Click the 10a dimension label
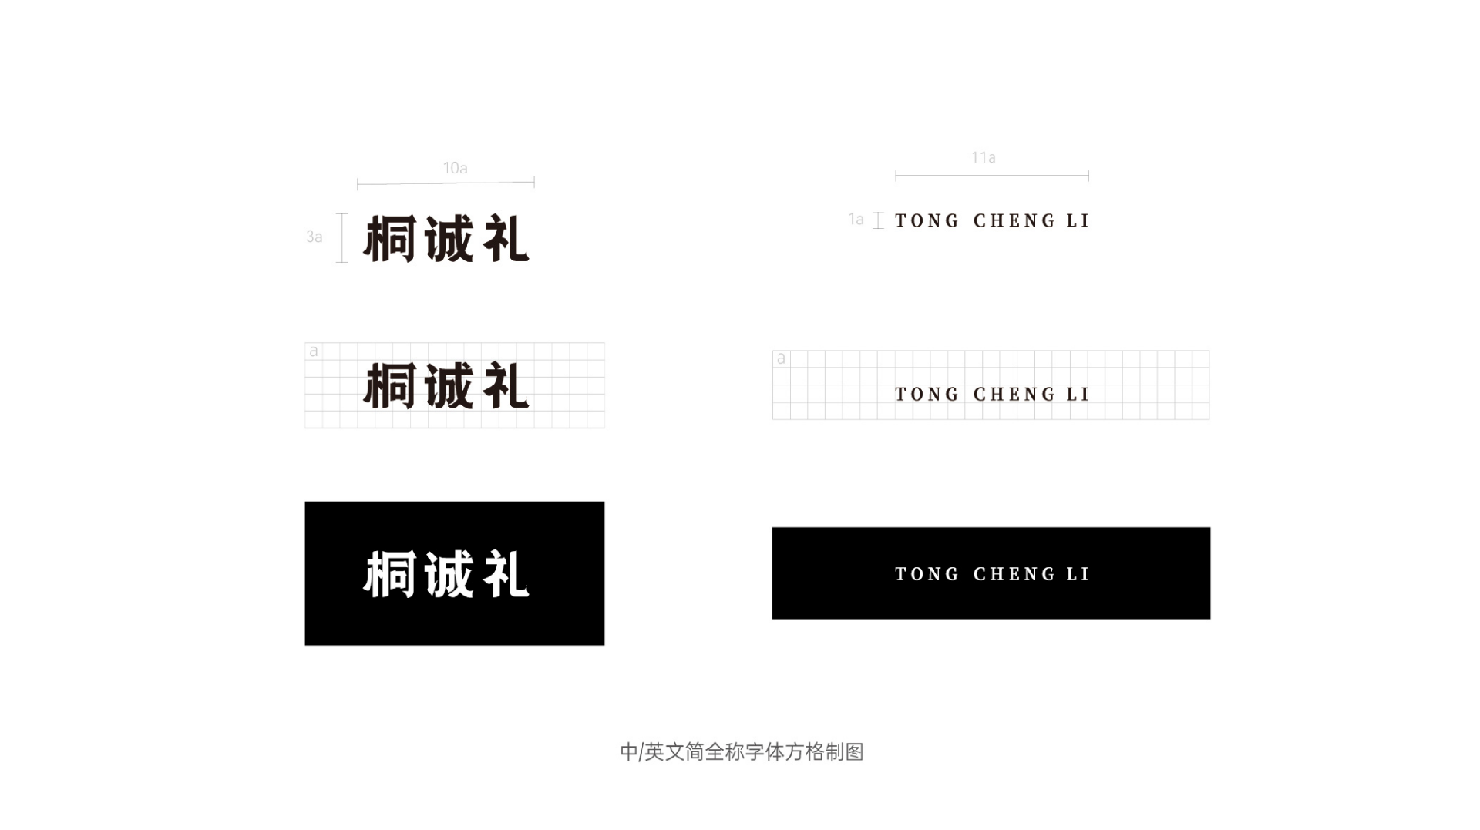pyautogui.click(x=455, y=168)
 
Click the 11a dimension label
pyautogui.click(x=983, y=157)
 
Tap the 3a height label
pyautogui.click(x=314, y=237)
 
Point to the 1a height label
pyautogui.click(x=856, y=220)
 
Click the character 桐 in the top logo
pyautogui.click(x=390, y=238)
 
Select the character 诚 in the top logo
pyautogui.click(x=449, y=238)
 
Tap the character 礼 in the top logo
pyautogui.click(x=506, y=238)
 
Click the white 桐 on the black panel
pyautogui.click(x=390, y=574)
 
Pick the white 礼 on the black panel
pyautogui.click(x=506, y=574)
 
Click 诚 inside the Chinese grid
pyautogui.click(x=449, y=385)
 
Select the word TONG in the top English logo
pyautogui.click(x=927, y=221)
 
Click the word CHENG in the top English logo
pyautogui.click(x=1014, y=221)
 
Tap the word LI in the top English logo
pyautogui.click(x=1078, y=221)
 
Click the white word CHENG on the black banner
pyautogui.click(x=1014, y=574)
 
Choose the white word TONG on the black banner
pyautogui.click(x=927, y=574)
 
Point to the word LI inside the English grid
pyautogui.click(x=1078, y=395)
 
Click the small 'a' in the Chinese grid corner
pyautogui.click(x=314, y=351)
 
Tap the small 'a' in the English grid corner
pyautogui.click(x=781, y=358)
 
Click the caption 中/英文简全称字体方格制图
pyautogui.click(x=742, y=751)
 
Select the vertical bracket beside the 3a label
pyautogui.click(x=342, y=238)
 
